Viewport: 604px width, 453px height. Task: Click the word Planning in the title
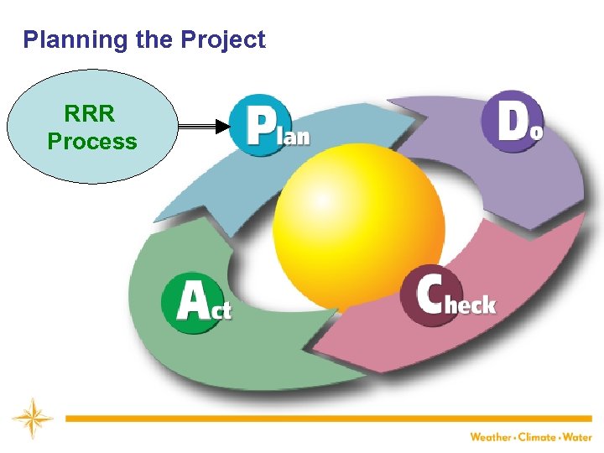(71, 40)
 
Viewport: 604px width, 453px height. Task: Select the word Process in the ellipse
(92, 141)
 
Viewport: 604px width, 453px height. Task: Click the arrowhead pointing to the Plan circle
(221, 127)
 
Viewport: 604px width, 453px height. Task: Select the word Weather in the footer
(492, 437)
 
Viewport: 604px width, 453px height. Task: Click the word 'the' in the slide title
(148, 40)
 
